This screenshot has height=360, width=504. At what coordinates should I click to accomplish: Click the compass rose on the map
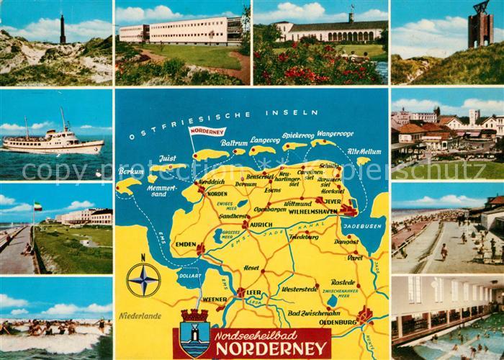point(143,279)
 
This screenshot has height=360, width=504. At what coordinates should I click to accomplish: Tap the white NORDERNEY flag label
point(207,132)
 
